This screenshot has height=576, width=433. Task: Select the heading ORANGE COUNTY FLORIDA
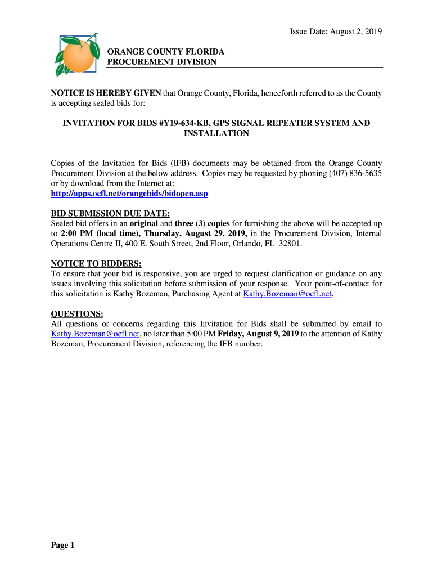(x=165, y=52)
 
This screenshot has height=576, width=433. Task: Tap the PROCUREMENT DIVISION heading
(x=161, y=62)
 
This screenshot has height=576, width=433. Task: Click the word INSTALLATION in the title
(x=216, y=133)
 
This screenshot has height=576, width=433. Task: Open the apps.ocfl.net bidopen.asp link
(x=129, y=193)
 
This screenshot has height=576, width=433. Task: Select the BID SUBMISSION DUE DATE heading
(x=110, y=213)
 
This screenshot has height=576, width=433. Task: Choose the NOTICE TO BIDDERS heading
(x=96, y=263)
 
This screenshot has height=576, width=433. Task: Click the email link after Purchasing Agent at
(x=287, y=294)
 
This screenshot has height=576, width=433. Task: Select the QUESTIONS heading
(x=77, y=313)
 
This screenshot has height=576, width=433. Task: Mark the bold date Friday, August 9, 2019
(x=258, y=334)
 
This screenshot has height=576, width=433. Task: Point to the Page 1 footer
(x=63, y=545)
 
